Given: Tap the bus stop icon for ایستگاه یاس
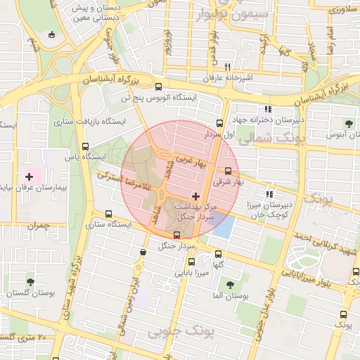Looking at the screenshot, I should [86, 147].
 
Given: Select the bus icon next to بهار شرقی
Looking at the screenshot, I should [228, 170].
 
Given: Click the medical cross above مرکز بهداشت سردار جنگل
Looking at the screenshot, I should [195, 195].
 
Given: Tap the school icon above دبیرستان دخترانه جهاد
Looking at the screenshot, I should [266, 109].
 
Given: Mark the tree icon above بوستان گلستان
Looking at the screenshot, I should [30, 282].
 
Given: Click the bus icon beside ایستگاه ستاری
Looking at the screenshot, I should [108, 214].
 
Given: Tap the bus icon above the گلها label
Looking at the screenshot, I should [217, 254].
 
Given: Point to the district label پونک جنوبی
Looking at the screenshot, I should [176, 330].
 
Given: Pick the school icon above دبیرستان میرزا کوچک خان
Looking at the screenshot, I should [269, 194].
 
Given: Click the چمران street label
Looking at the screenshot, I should [40, 225].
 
